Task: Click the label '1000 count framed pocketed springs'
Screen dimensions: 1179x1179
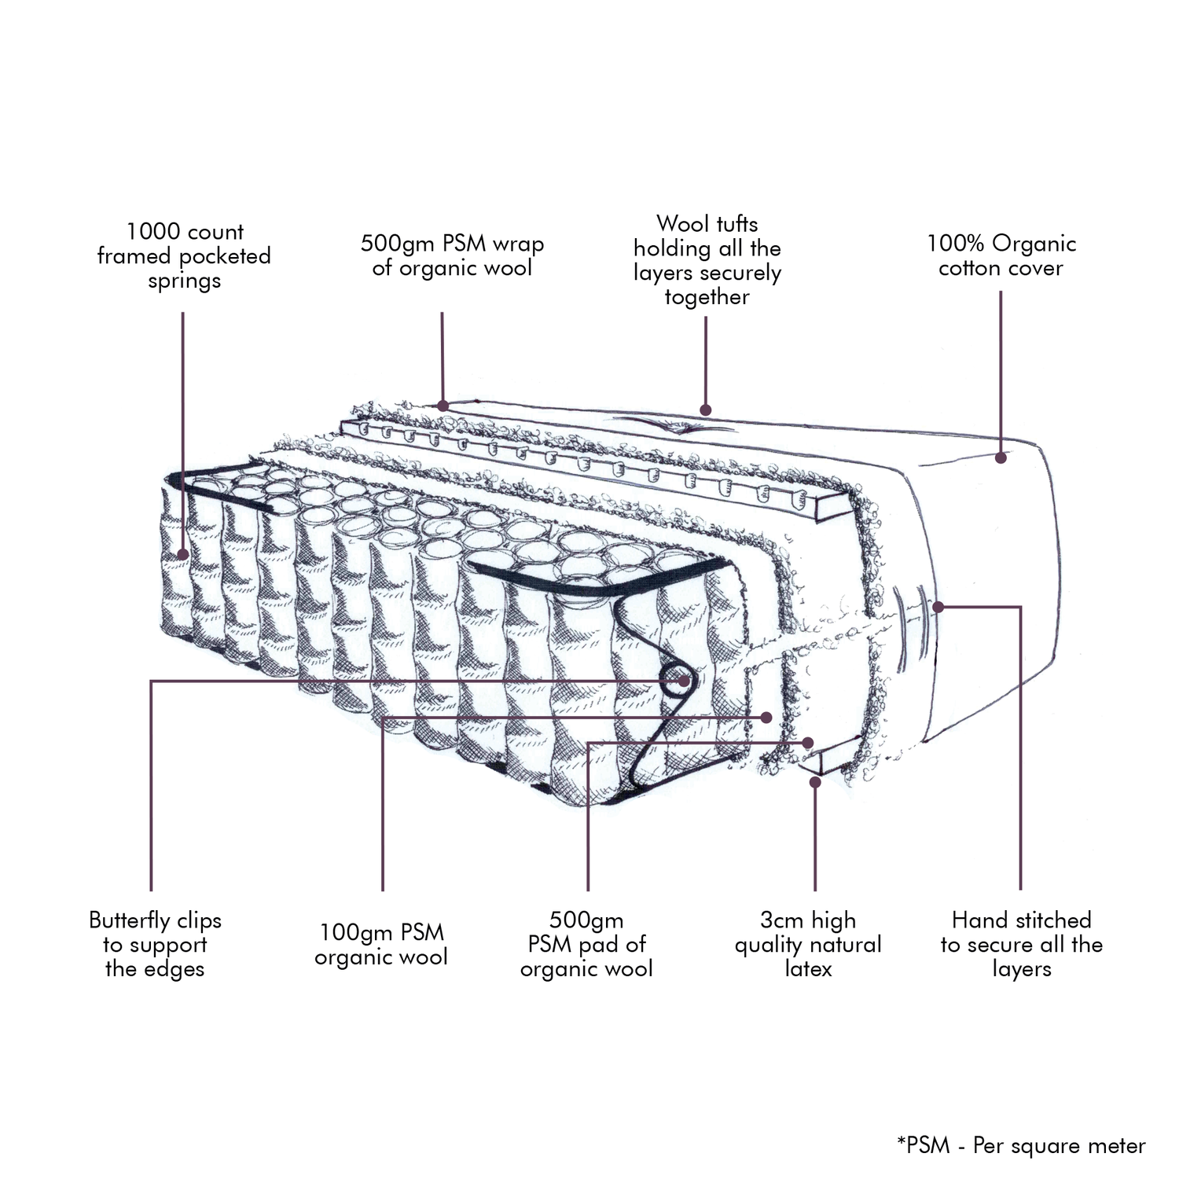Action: click(x=184, y=256)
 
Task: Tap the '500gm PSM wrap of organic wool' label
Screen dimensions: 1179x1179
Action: click(x=452, y=255)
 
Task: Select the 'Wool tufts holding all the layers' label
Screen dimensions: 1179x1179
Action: click(x=707, y=260)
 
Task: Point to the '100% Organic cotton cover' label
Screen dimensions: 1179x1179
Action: click(x=1001, y=255)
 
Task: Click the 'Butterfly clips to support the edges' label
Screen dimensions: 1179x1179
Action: click(x=155, y=944)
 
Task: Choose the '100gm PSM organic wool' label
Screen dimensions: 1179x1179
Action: click(x=381, y=945)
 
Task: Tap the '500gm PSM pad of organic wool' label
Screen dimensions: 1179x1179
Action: click(x=586, y=944)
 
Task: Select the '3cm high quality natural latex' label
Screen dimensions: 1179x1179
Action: click(x=808, y=944)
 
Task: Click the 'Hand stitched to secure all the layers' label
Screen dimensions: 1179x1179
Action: click(x=1021, y=944)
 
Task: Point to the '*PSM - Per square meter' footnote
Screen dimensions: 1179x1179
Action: click(x=1021, y=1146)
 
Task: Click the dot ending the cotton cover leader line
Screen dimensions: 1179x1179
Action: click(x=1001, y=457)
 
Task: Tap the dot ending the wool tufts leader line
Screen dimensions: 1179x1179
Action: click(x=706, y=410)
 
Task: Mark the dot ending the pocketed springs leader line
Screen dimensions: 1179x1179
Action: click(x=183, y=554)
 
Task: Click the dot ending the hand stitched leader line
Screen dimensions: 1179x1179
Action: click(x=938, y=607)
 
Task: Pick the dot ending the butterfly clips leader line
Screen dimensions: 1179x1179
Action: click(x=685, y=681)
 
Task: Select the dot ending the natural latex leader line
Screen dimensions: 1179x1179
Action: click(x=815, y=781)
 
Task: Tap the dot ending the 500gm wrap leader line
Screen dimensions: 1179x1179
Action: click(x=443, y=406)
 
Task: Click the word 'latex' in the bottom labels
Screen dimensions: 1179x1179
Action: click(x=808, y=968)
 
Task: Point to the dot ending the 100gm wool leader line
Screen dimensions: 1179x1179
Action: click(x=767, y=717)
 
